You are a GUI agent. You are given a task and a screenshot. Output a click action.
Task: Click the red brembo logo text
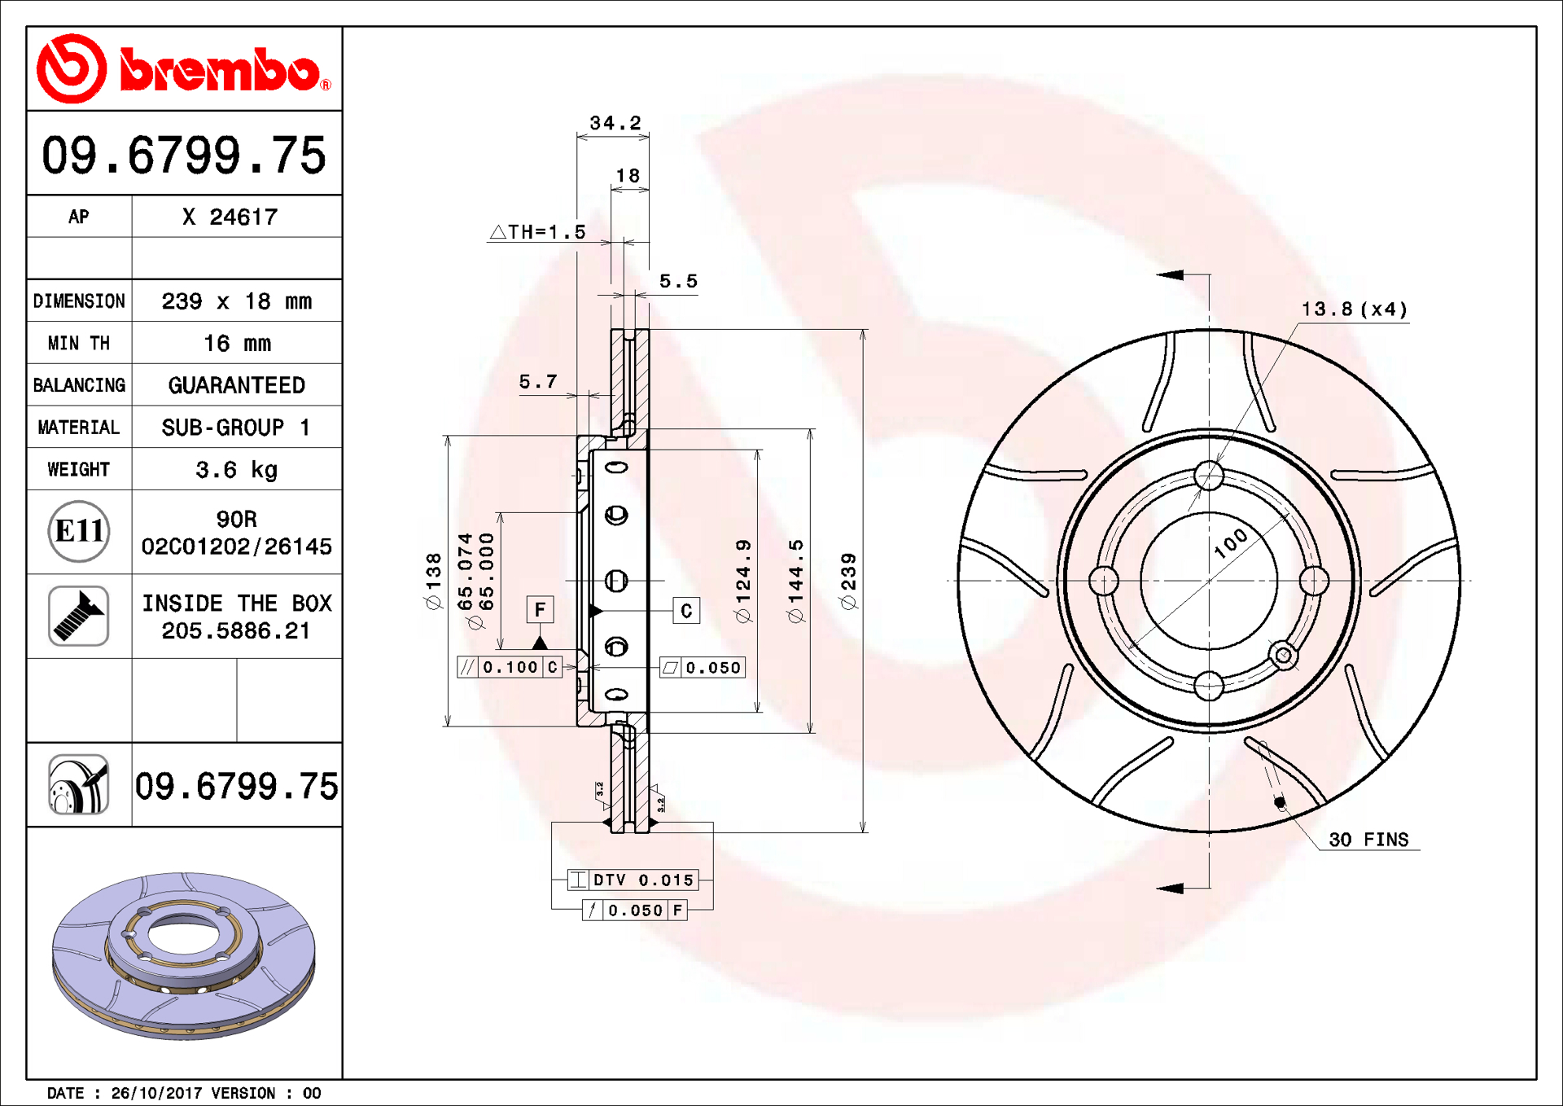click(220, 70)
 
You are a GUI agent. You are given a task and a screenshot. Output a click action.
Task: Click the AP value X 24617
click(230, 217)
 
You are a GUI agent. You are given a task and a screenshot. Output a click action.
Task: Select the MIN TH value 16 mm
click(237, 343)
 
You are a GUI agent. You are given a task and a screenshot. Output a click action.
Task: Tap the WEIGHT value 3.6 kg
click(237, 470)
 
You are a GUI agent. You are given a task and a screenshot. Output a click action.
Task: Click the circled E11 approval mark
click(78, 531)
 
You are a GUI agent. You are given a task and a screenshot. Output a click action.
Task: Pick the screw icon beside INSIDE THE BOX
click(78, 616)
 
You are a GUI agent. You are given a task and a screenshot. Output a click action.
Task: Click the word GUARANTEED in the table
click(237, 385)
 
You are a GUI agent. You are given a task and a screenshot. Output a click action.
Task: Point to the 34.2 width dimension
click(615, 123)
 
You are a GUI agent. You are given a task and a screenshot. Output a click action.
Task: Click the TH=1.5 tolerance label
click(538, 232)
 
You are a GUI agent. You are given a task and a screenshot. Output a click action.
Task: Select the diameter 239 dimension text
click(848, 581)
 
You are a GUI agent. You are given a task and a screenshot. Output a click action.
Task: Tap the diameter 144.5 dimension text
click(795, 581)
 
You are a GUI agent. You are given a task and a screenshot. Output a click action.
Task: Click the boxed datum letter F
click(540, 609)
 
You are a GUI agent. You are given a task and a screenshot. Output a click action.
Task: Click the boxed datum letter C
click(686, 611)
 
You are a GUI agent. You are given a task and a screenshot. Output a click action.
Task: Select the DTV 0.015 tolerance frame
click(633, 880)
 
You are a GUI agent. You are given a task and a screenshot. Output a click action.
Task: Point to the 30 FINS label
click(1368, 840)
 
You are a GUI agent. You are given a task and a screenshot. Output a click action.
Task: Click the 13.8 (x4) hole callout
click(1354, 309)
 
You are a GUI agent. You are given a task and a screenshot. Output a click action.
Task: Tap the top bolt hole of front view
click(1209, 476)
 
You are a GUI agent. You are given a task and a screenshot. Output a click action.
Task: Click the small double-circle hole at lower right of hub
click(1283, 654)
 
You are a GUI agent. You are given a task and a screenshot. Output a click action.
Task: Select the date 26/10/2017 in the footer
click(156, 1093)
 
